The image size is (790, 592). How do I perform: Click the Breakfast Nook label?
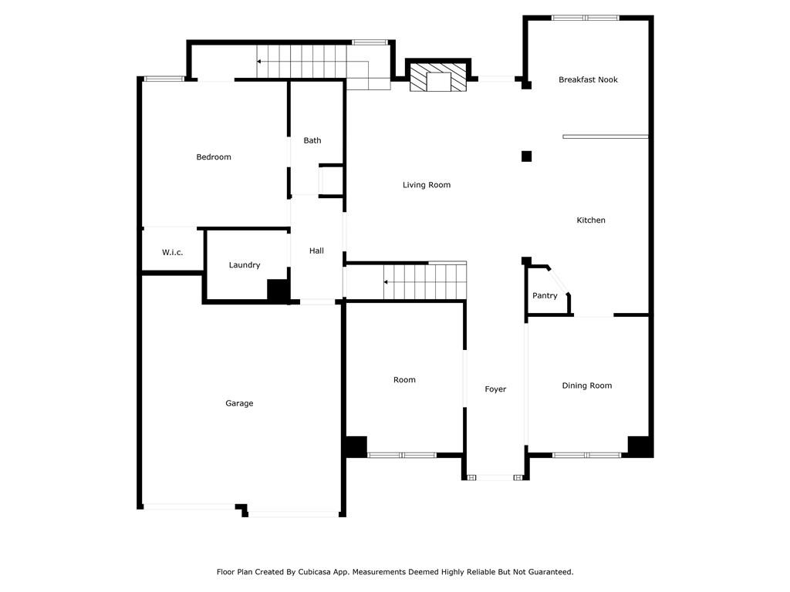(x=588, y=79)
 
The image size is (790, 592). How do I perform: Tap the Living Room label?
(x=426, y=185)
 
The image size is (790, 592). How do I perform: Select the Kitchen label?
(x=590, y=220)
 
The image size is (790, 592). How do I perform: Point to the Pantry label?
(x=545, y=295)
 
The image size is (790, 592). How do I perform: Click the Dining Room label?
(x=587, y=385)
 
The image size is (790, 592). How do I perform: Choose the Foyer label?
(x=495, y=389)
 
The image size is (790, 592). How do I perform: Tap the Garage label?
(x=239, y=403)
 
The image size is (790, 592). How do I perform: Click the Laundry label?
(x=245, y=265)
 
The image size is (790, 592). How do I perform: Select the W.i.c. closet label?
(x=172, y=252)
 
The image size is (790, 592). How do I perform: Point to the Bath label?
(x=312, y=140)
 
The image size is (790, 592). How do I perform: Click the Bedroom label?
(x=214, y=157)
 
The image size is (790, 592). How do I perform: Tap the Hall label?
(x=316, y=251)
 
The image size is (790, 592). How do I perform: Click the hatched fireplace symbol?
(x=438, y=77)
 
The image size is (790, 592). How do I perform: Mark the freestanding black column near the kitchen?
(x=526, y=156)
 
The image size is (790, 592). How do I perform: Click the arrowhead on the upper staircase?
(x=258, y=62)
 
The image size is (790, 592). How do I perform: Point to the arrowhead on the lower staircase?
(x=386, y=282)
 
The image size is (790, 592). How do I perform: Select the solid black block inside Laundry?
(x=278, y=291)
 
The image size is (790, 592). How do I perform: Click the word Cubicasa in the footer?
(x=315, y=572)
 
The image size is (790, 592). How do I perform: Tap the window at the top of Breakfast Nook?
(x=586, y=18)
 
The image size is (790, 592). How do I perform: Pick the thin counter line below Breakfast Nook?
(x=606, y=136)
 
